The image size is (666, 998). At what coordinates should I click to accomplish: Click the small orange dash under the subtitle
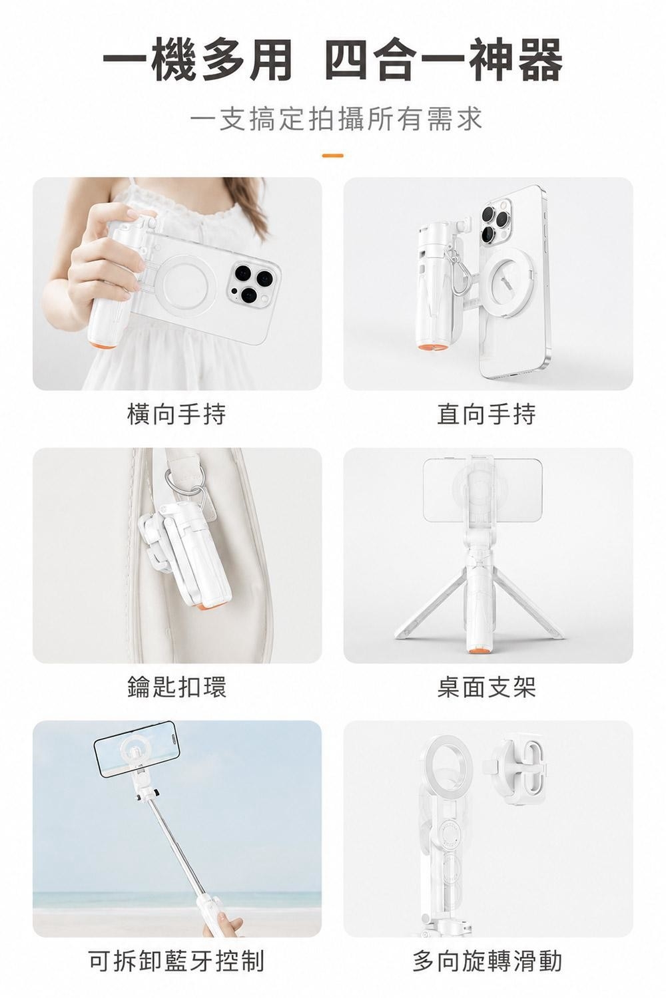coord(332,156)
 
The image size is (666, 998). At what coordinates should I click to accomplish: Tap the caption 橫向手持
coord(176,414)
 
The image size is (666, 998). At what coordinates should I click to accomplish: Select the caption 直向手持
coord(487,414)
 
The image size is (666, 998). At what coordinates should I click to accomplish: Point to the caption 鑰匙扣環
coord(176,687)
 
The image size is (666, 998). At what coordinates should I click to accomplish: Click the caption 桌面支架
coord(487,687)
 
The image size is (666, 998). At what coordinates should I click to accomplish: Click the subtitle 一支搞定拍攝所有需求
coord(336,119)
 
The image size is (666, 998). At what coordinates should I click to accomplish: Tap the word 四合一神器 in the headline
coord(444,61)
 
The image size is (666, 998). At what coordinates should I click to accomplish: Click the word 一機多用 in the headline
coord(197,61)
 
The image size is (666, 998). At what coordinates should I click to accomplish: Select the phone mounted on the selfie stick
coord(137,748)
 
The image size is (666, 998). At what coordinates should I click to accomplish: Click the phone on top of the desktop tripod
coord(483,490)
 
